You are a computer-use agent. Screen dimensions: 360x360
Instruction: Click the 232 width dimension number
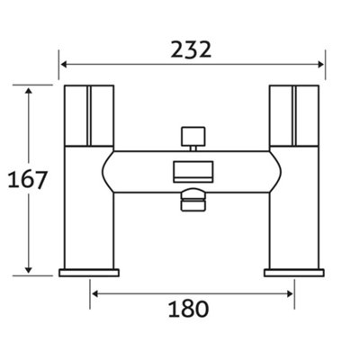coord(191,49)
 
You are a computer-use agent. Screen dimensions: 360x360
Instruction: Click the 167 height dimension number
coord(27,180)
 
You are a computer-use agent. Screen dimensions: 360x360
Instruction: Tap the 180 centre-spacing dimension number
coord(188,309)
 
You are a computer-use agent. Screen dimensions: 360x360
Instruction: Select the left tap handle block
coord(89,116)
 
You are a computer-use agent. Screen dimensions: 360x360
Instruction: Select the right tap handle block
coord(294,116)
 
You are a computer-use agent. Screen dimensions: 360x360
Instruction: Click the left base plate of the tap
coord(89,273)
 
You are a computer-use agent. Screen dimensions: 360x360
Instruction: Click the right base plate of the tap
coord(294,273)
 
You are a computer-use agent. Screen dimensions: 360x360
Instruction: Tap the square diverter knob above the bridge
coord(193,136)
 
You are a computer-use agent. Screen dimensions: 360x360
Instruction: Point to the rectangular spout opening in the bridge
coord(193,172)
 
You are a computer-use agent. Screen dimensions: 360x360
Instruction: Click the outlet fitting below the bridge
coord(193,200)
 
